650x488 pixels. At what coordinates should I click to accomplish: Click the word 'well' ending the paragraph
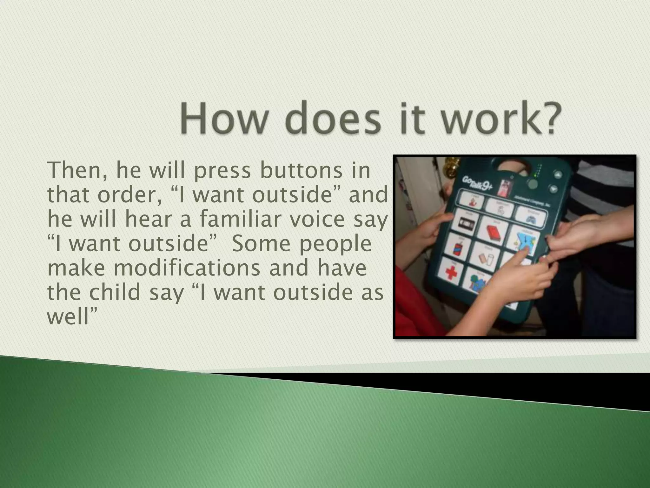click(69, 317)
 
